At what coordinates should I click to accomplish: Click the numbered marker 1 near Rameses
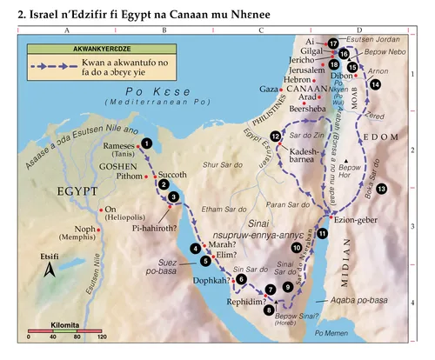coord(148,143)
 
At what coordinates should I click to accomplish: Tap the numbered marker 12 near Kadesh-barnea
coord(276,137)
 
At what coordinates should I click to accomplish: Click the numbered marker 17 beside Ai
coord(332,43)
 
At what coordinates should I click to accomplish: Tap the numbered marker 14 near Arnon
coord(375,85)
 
